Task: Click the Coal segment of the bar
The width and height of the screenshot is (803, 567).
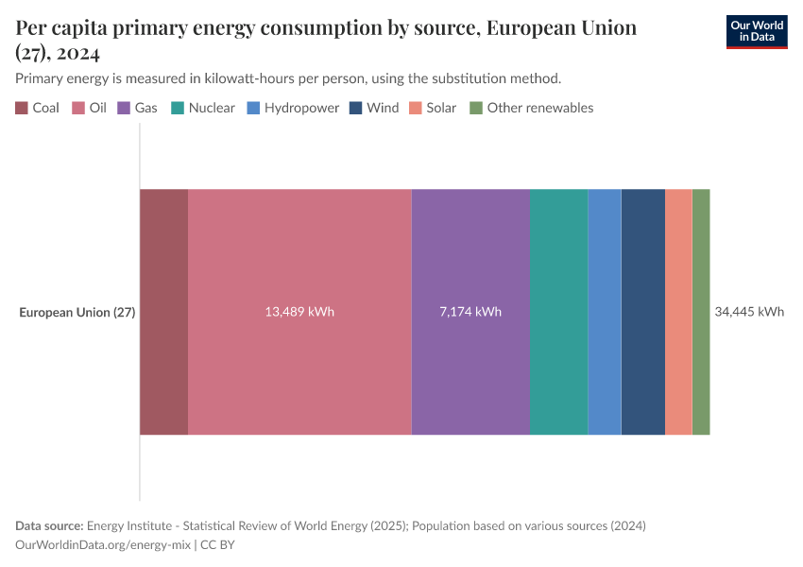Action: [163, 312]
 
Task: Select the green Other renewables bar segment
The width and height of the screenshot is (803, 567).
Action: [701, 312]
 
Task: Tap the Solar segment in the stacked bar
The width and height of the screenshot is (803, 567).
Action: [678, 312]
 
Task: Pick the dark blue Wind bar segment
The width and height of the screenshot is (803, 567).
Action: [643, 312]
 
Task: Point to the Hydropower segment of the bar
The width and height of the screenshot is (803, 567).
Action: [605, 312]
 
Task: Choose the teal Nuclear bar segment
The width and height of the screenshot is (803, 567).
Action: [559, 312]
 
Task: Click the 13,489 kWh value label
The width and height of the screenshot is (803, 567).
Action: [299, 312]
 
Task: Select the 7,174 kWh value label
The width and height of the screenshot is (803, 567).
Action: [470, 312]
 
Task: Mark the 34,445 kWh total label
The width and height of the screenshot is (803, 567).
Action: [749, 312]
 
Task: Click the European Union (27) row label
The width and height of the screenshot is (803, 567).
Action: [77, 312]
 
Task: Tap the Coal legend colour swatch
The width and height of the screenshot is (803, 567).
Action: [22, 108]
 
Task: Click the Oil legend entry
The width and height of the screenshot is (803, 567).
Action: [90, 108]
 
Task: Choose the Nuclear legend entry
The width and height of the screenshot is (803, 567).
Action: [203, 108]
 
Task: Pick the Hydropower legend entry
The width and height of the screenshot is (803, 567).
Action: [293, 108]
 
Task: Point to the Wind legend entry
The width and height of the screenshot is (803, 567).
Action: [374, 108]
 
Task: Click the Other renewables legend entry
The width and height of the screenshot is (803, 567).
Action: [532, 108]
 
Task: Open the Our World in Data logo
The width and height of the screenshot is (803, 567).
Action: [756, 31]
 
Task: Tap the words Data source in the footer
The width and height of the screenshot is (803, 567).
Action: [49, 525]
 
